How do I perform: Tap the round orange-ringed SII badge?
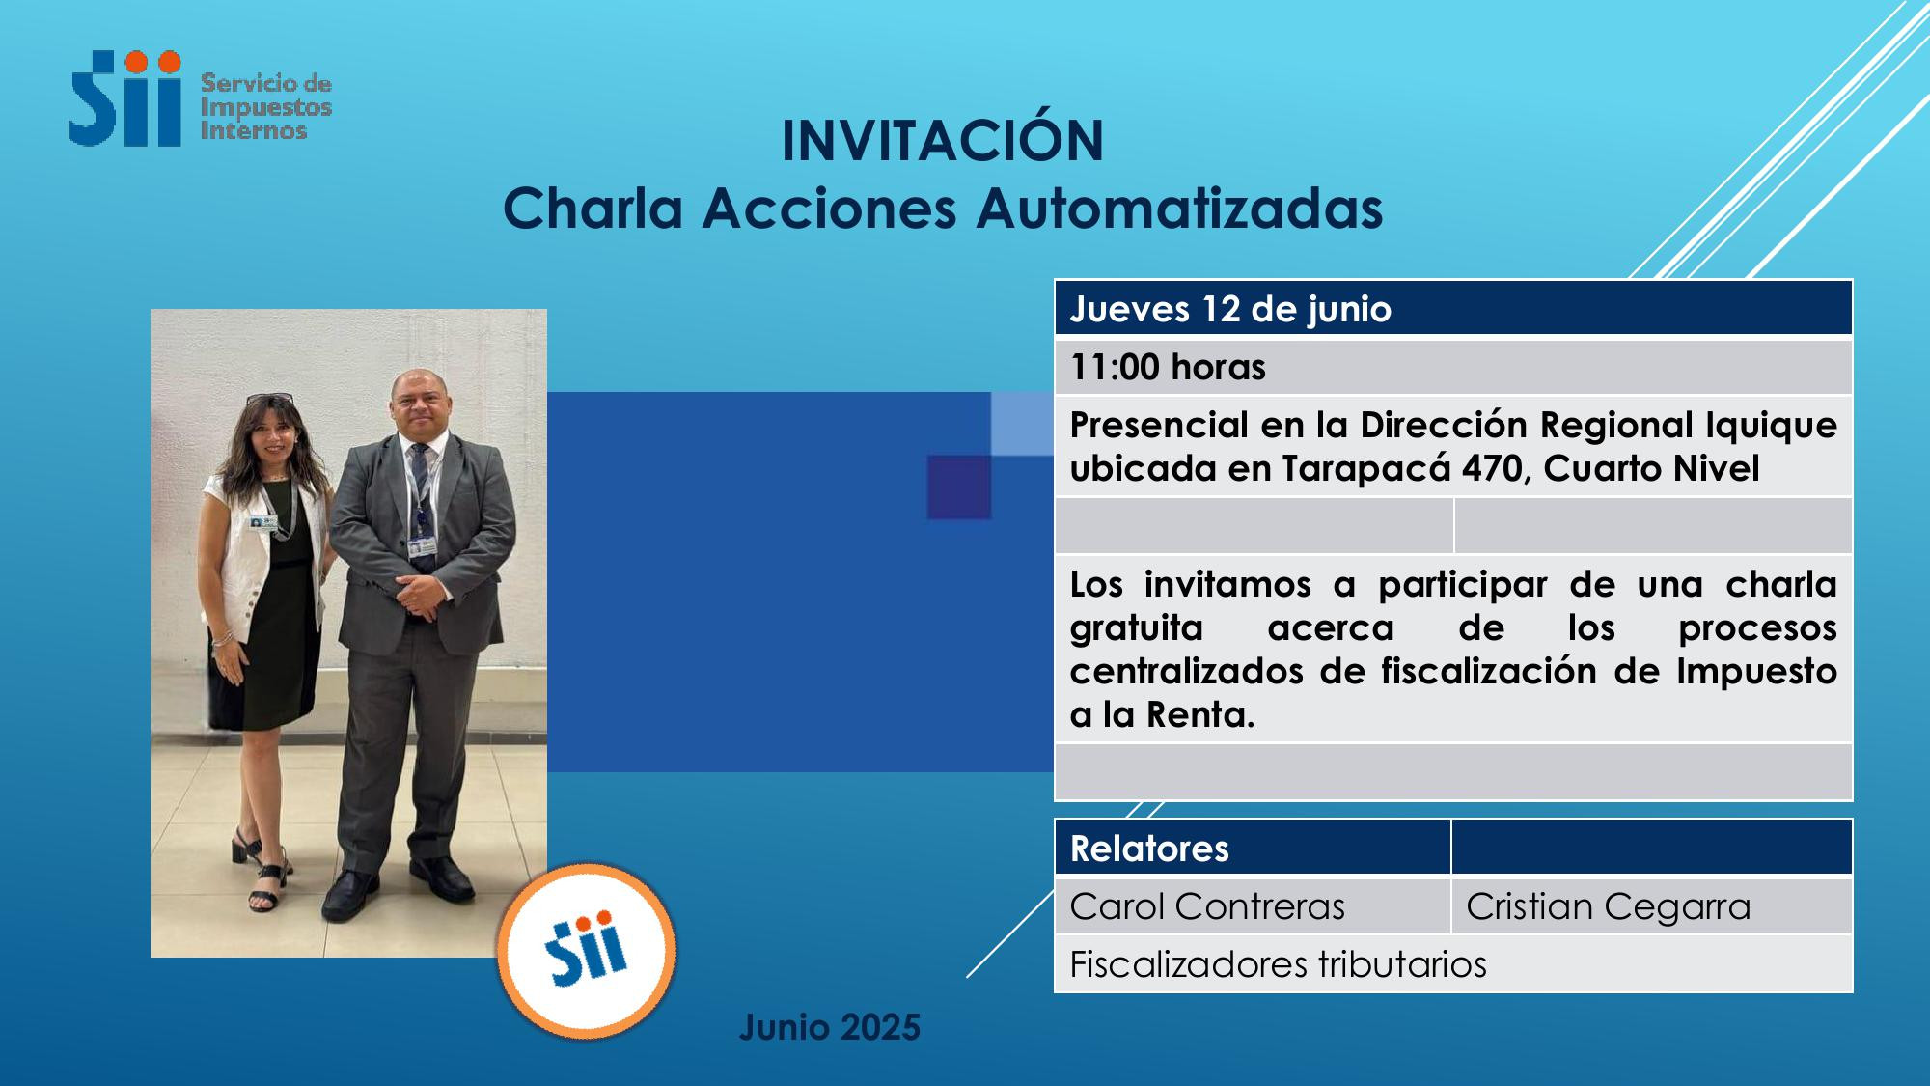click(x=586, y=951)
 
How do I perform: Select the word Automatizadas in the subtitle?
click(x=1179, y=208)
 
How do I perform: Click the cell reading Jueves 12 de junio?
click(x=1453, y=309)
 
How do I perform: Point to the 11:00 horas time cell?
click(x=1453, y=367)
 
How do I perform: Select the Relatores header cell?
click(x=1253, y=849)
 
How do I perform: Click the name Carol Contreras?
click(x=1207, y=906)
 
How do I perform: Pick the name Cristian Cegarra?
click(x=1608, y=906)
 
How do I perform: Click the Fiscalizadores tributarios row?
click(x=1453, y=964)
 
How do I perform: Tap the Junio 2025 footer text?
click(x=830, y=1027)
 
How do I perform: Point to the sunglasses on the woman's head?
click(x=269, y=399)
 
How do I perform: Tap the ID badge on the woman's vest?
click(x=261, y=523)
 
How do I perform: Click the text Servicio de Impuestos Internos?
click(x=265, y=107)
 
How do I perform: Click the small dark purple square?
click(x=959, y=487)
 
